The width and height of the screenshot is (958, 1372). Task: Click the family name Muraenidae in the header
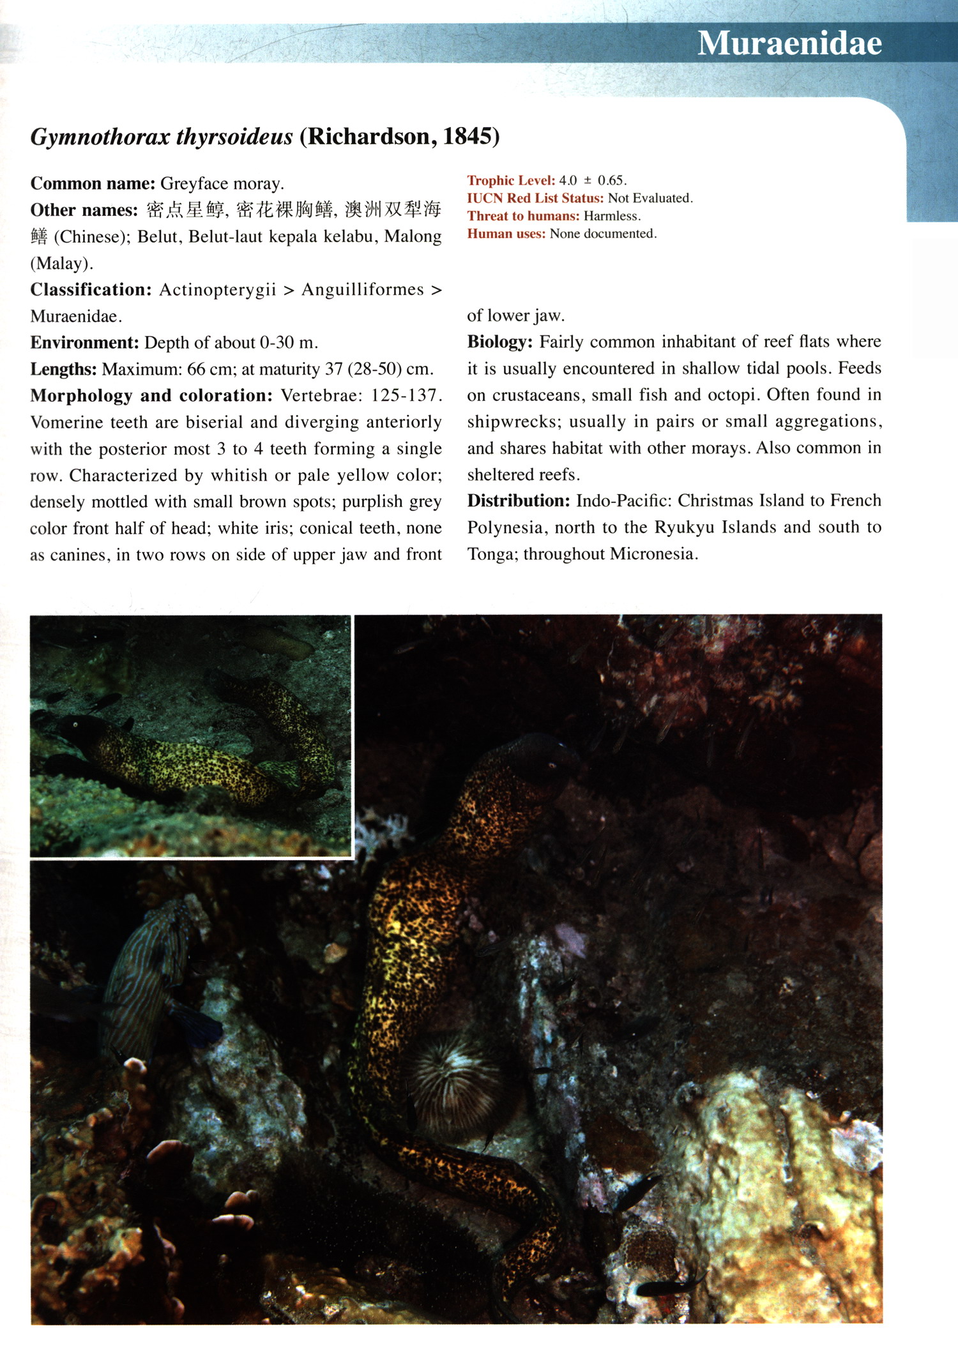tap(789, 43)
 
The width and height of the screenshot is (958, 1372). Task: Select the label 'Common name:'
tap(93, 184)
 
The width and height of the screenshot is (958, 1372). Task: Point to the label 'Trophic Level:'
tap(511, 181)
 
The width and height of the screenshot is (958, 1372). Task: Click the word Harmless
tap(612, 216)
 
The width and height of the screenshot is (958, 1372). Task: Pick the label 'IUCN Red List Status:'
tap(535, 199)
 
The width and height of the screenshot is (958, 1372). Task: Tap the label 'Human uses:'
tap(506, 234)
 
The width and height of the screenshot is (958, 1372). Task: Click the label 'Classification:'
tap(91, 290)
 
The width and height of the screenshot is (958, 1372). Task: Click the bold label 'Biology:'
tap(499, 342)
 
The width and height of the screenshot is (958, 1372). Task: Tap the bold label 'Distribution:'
tap(518, 501)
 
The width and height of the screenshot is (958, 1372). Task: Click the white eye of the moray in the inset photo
tap(75, 724)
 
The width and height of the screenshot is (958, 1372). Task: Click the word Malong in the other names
tap(413, 237)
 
